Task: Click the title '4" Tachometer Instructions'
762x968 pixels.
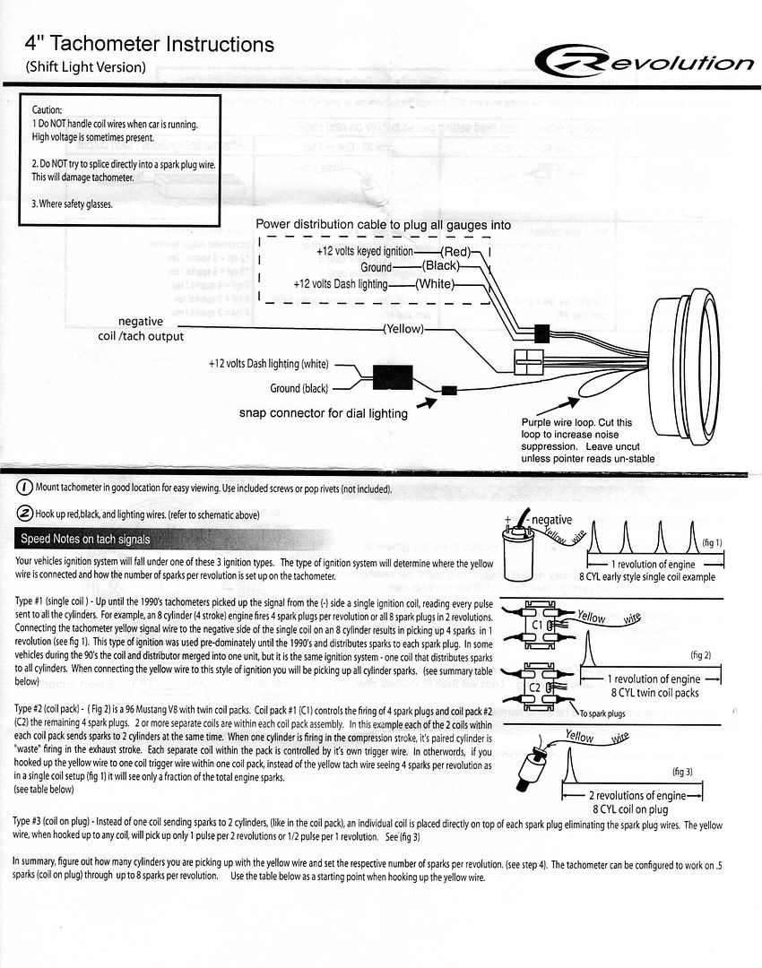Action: tap(149, 44)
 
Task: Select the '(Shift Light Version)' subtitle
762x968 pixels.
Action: tap(85, 66)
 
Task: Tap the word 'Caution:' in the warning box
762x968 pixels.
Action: tap(47, 108)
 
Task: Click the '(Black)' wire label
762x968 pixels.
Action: tap(441, 267)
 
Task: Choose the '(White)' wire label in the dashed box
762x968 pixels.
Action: tap(436, 284)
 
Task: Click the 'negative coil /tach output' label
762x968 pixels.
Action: tap(141, 328)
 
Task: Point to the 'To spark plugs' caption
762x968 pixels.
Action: tap(603, 713)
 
